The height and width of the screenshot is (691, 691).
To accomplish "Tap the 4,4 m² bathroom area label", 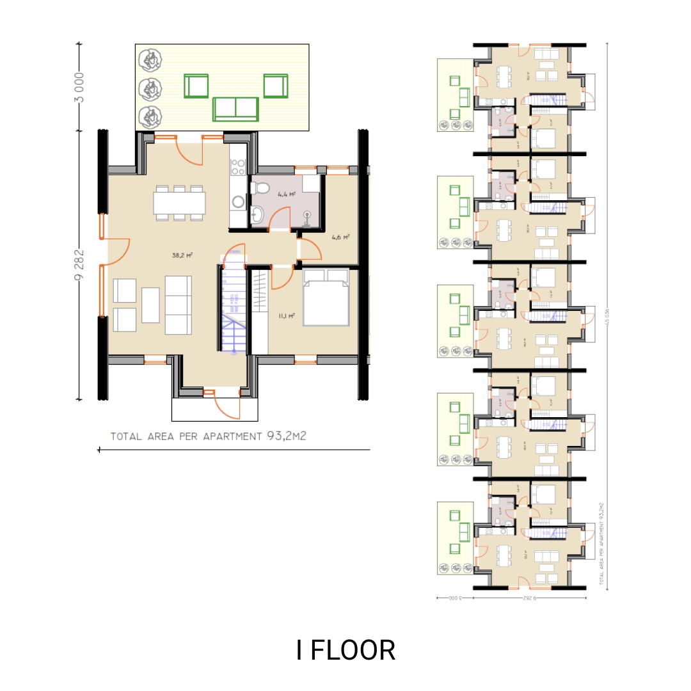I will click(286, 193).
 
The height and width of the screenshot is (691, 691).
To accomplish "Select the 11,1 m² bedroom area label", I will click(285, 315).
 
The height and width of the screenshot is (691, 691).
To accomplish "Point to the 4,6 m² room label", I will click(340, 237).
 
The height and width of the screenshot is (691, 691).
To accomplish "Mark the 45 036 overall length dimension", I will click(606, 317).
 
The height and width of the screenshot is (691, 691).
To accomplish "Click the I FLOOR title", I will click(345, 650).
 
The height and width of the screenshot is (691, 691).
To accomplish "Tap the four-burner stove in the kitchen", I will click(238, 167).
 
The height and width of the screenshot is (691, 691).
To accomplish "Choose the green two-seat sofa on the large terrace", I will click(236, 109).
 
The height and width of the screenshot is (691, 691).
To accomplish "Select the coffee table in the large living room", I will click(150, 305).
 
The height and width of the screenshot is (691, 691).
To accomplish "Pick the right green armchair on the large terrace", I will click(275, 85).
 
